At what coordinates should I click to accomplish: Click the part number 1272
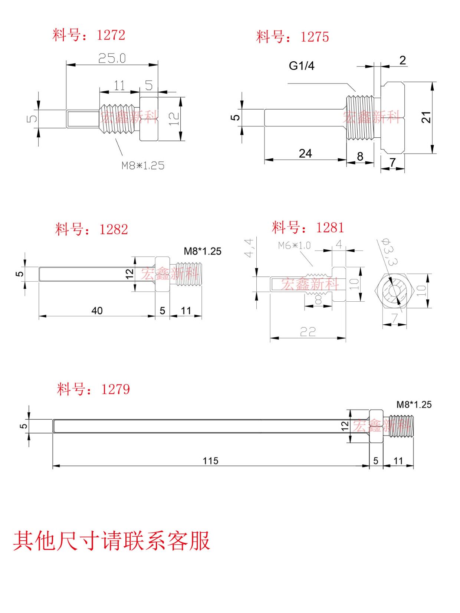coord(111,35)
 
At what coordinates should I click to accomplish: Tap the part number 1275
coord(315,37)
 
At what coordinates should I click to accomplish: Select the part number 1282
coord(114,230)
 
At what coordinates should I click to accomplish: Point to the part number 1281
coord(330,227)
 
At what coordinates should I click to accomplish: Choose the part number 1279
coord(116,389)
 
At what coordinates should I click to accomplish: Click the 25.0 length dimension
coord(112,58)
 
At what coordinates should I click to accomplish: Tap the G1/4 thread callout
coord(302,66)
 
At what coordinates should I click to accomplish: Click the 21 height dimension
coord(426,117)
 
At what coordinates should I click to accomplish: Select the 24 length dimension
coord(305,153)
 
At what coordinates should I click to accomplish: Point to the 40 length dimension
coord(97,311)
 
